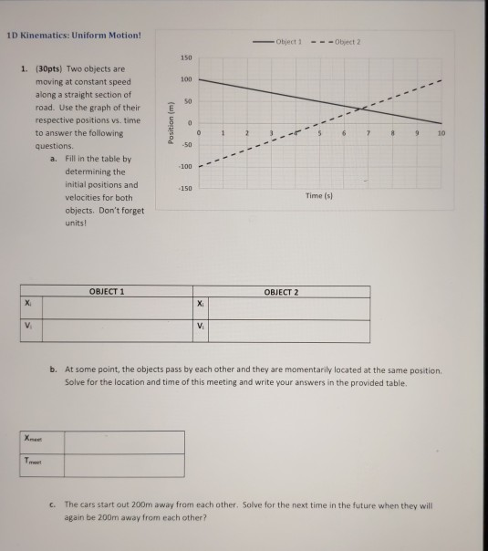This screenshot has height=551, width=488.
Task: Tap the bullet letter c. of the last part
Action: pyautogui.click(x=55, y=503)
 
